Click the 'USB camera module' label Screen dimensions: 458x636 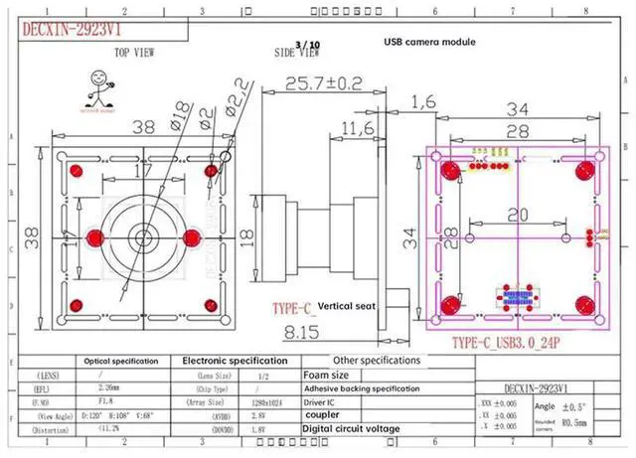[x=429, y=43]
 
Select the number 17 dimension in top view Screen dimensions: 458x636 [x=143, y=171]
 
